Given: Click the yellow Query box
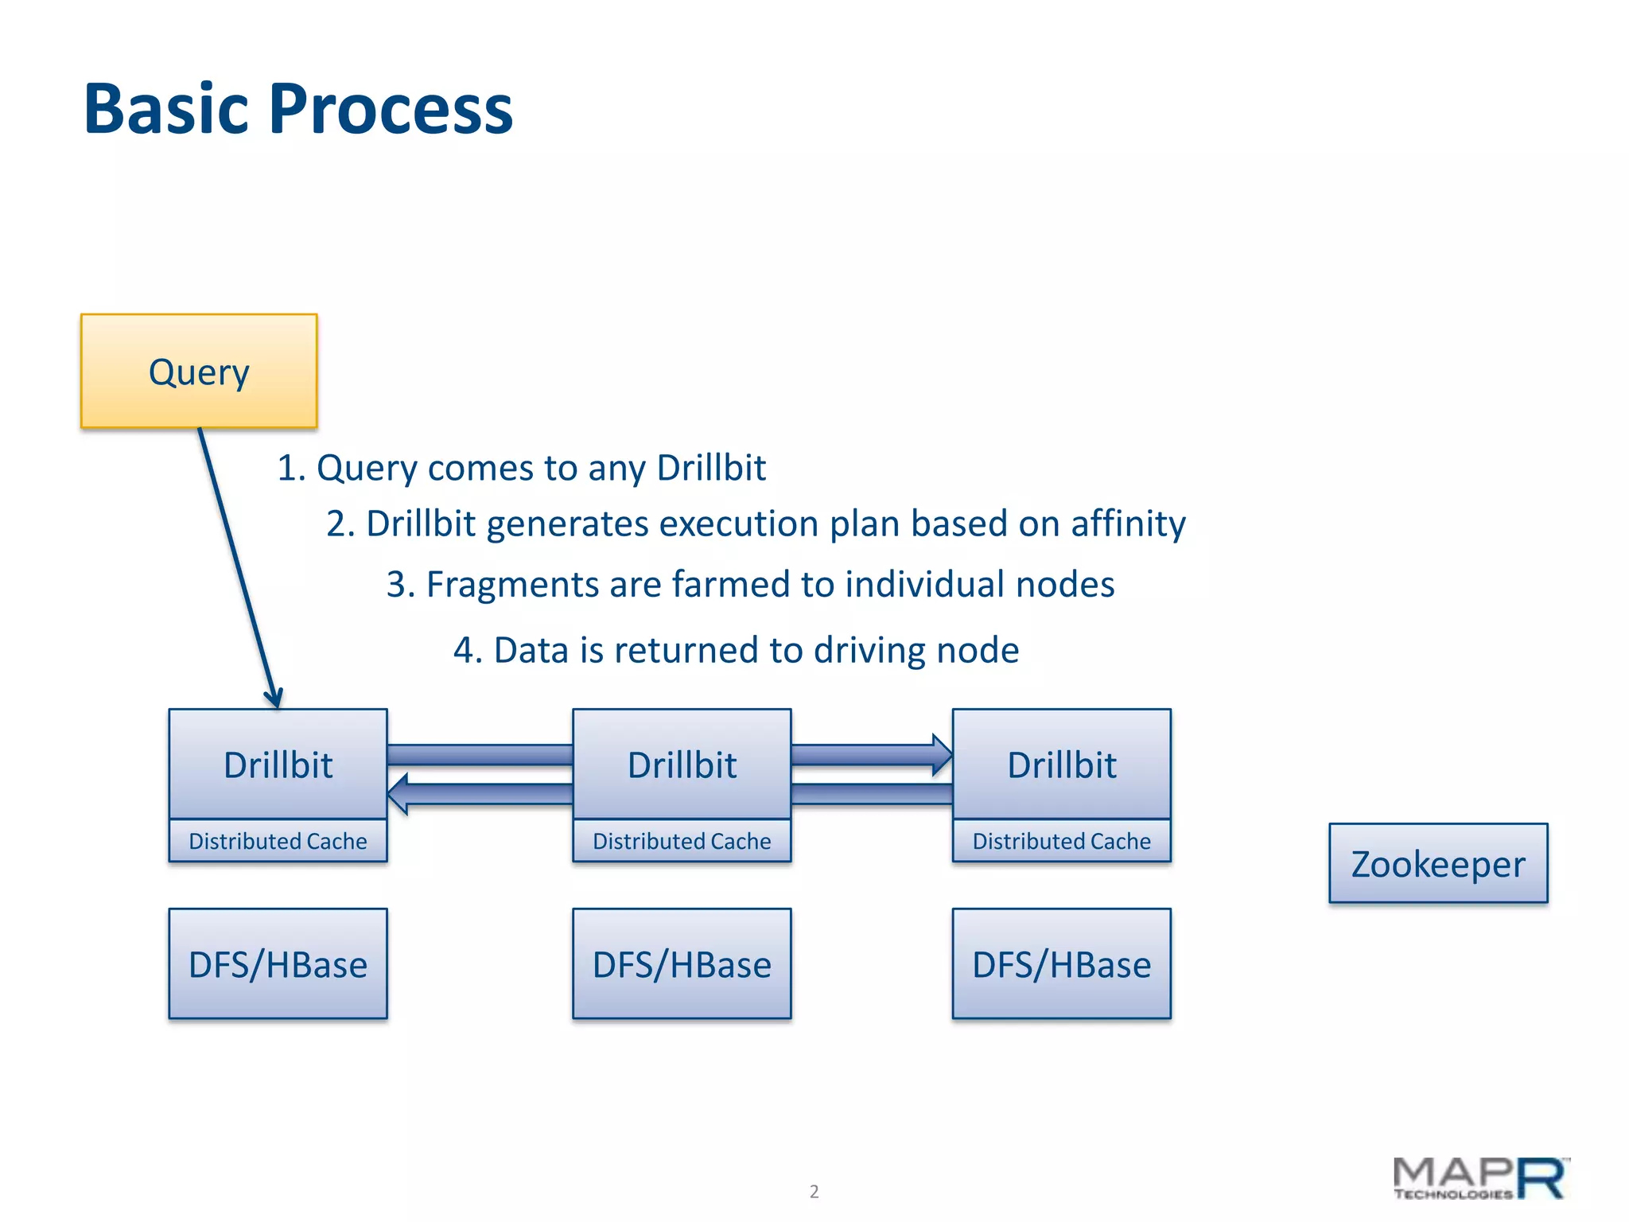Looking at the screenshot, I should pos(199,372).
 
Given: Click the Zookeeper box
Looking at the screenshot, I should pos(1438,863).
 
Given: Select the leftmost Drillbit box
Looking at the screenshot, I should pos(278,765).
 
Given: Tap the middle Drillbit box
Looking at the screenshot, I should pos(682,765).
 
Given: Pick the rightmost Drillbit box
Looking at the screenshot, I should pos(1061,765).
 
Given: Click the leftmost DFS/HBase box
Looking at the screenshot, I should pos(278,963).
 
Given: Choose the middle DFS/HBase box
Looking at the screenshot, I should pos(682,963).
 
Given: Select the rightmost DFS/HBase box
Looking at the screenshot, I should pos(1061,963).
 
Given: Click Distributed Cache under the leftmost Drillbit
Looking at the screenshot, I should pos(278,841).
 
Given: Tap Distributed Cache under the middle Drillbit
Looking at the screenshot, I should pos(682,841).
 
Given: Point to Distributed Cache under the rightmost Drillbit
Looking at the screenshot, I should pos(1061,841).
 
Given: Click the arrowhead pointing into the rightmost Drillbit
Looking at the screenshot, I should pos(942,755).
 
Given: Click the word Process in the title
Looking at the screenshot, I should pos(391,109).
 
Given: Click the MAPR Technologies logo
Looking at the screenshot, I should pos(1480,1179).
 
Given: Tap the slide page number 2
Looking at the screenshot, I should pos(814,1191).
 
